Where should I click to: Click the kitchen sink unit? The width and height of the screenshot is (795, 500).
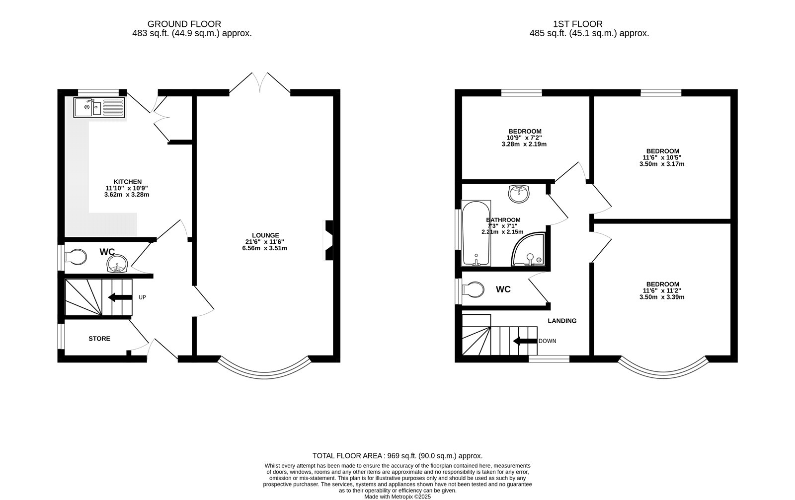[98, 108]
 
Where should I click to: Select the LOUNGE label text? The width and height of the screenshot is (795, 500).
[265, 235]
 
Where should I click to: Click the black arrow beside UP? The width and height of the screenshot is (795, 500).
[120, 297]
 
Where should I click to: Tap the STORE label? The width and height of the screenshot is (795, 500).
[99, 339]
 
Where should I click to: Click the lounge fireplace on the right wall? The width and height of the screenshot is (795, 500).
[328, 240]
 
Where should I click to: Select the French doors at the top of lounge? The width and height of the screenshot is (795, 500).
[259, 83]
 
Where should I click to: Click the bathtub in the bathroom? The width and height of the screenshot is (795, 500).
[476, 233]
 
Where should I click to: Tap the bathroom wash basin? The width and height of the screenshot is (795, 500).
[520, 193]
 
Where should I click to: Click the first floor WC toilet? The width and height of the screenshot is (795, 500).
[473, 289]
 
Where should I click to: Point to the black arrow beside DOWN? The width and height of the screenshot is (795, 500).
[524, 341]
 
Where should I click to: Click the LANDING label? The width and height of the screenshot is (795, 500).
[562, 321]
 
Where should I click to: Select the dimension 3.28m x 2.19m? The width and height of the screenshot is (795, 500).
[524, 144]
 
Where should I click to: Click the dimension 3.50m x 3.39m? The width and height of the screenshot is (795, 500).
[662, 297]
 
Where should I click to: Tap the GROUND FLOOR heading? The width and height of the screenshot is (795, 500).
[184, 24]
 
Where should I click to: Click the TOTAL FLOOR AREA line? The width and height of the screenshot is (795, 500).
[397, 456]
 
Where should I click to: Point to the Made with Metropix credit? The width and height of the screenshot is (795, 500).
[397, 496]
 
